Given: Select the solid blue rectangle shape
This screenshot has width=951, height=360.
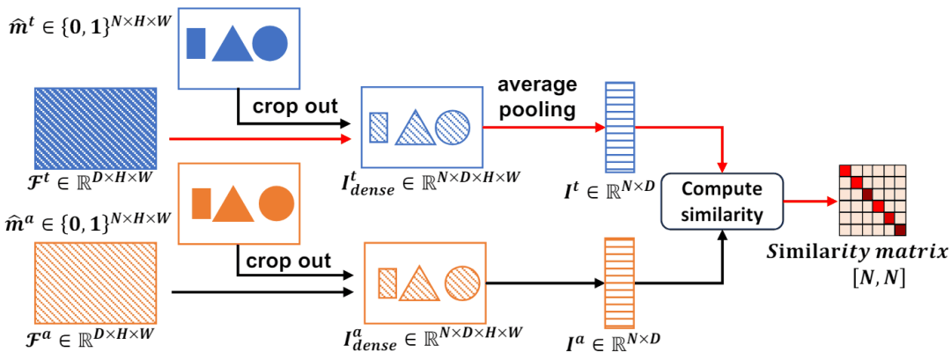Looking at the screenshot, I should pyautogui.click(x=197, y=43).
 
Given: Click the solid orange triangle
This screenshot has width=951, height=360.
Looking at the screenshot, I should pyautogui.click(x=233, y=205).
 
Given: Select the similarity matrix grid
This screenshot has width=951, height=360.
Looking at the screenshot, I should pyautogui.click(x=871, y=200).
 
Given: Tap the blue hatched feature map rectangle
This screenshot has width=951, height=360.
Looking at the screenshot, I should pyautogui.click(x=95, y=127).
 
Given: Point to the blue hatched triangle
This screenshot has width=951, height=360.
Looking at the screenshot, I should pyautogui.click(x=412, y=129).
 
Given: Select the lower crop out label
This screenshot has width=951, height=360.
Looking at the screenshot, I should pyautogui.click(x=290, y=261).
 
